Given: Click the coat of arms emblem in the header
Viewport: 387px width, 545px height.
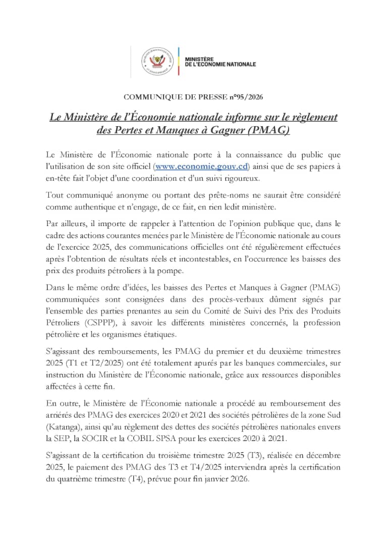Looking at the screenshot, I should click(157, 62).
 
